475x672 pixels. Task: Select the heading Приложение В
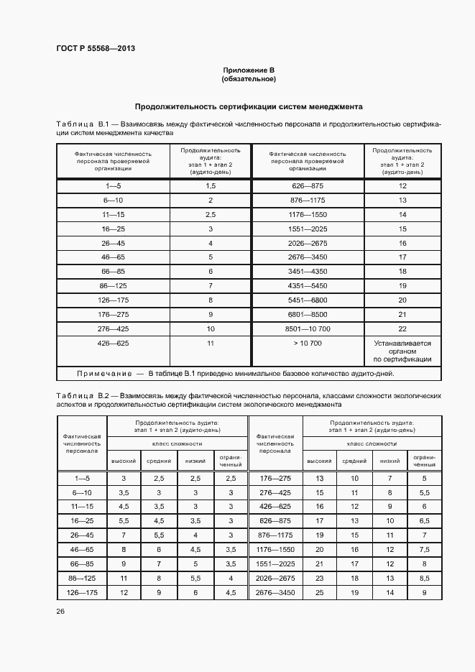(249, 70)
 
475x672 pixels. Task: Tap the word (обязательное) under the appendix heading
(249, 78)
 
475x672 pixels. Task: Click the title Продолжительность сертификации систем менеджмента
(249, 106)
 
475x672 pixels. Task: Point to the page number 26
(60, 611)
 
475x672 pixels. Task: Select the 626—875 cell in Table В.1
(308, 185)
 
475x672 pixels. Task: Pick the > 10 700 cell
(308, 344)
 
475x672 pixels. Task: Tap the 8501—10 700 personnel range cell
(308, 328)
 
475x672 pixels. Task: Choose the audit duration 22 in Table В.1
(402, 328)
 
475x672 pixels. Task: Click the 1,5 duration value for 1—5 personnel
(211, 185)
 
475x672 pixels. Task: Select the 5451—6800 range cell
(308, 300)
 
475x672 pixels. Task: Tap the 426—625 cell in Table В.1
(113, 344)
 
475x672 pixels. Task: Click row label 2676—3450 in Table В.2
(275, 593)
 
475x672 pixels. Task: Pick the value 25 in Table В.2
(319, 593)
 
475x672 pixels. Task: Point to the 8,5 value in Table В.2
(424, 577)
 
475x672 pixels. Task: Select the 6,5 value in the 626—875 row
(424, 520)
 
